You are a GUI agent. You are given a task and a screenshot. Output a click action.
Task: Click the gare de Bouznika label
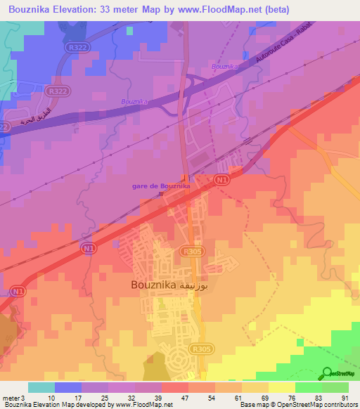(160, 186)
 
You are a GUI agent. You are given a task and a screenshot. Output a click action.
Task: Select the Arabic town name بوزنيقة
(195, 285)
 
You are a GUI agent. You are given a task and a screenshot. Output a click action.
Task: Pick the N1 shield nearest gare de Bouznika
(221, 180)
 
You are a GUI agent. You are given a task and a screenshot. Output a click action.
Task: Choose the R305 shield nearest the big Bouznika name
(189, 250)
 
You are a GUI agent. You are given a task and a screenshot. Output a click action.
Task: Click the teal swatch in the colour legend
(41, 387)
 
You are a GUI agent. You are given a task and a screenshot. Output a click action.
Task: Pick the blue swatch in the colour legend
(67, 387)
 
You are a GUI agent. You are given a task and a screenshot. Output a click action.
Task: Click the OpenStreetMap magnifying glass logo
(326, 373)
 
